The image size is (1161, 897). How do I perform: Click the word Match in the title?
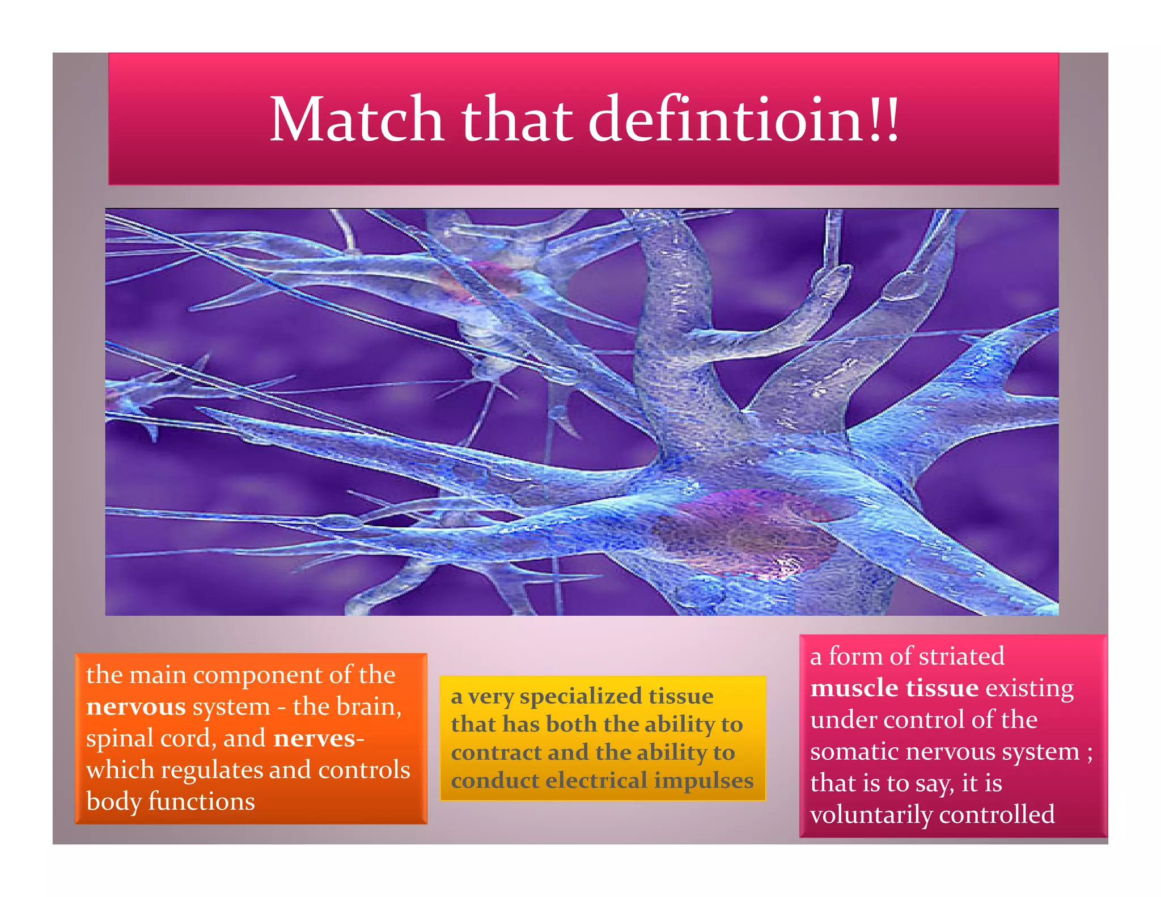(x=355, y=120)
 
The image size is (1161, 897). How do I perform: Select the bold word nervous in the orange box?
(x=136, y=707)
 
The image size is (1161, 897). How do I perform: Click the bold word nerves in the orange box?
(x=314, y=738)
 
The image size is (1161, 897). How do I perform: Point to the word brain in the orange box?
(x=368, y=706)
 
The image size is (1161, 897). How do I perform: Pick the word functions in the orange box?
(x=201, y=802)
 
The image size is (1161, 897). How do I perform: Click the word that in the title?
(x=516, y=120)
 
